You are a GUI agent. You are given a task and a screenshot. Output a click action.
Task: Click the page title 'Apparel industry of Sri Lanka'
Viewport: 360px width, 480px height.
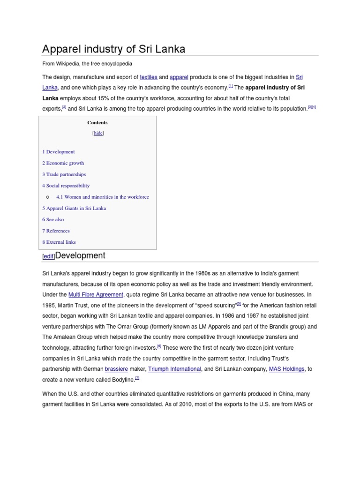(x=114, y=49)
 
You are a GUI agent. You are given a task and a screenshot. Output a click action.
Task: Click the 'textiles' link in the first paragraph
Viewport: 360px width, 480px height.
(x=149, y=77)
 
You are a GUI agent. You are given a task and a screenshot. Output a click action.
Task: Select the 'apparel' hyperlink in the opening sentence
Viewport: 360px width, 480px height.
(x=179, y=77)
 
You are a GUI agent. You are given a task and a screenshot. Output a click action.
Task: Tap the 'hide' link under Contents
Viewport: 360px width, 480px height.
(x=98, y=133)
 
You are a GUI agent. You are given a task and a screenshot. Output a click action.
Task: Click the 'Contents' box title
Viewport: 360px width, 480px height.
(x=97, y=122)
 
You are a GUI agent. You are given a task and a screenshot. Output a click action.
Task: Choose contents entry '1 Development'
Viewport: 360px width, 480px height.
(x=59, y=152)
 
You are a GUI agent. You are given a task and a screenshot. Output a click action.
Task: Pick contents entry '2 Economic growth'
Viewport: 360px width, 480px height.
(x=63, y=163)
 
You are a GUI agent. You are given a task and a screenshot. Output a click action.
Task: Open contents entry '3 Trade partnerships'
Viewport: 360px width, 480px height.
(x=64, y=174)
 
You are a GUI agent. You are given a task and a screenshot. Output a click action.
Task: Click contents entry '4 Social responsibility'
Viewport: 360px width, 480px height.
(x=66, y=186)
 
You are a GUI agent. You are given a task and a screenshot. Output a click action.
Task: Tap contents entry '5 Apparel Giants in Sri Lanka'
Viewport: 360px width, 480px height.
(x=74, y=208)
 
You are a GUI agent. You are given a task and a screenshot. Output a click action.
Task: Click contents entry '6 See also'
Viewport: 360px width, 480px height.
(x=53, y=219)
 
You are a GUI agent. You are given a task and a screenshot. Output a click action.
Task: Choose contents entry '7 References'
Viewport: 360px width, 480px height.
(x=56, y=231)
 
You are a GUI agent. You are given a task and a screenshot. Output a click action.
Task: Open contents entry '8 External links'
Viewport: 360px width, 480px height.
(x=59, y=242)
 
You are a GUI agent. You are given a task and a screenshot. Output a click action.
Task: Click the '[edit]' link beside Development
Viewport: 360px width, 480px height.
(x=48, y=256)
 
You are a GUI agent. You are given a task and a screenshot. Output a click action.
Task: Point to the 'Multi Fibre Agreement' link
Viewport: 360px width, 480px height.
(x=96, y=295)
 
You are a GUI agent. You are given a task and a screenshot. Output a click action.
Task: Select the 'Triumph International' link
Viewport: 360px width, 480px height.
(x=174, y=369)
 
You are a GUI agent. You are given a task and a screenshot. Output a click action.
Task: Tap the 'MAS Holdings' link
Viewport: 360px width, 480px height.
(x=287, y=369)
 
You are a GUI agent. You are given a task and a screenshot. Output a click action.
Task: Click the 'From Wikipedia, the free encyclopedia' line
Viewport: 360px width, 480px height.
(x=87, y=63)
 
